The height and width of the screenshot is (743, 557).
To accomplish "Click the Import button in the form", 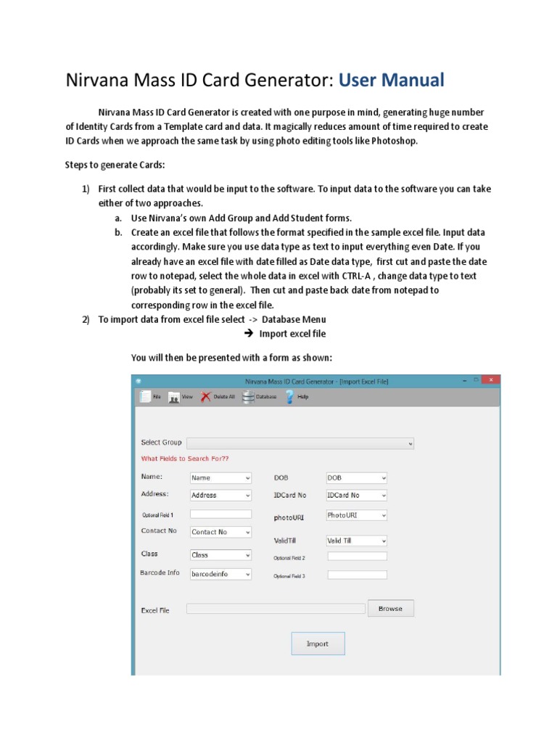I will click(318, 644).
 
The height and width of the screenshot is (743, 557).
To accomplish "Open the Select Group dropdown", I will click(300, 443).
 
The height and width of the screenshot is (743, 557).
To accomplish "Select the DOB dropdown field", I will click(357, 478).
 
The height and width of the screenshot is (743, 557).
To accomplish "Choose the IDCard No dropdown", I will click(357, 496).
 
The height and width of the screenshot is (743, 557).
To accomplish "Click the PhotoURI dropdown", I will click(357, 515).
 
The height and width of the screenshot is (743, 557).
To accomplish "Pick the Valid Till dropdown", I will click(357, 541).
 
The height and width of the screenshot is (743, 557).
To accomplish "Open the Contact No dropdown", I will click(220, 532).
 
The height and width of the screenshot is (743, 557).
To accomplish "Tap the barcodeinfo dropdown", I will click(220, 574).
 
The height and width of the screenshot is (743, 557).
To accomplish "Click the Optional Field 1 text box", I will click(220, 514).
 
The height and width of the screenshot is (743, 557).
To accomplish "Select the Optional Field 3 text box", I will click(357, 575).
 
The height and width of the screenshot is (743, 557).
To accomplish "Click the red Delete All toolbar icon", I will click(207, 397).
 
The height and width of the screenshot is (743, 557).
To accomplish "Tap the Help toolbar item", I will click(290, 397).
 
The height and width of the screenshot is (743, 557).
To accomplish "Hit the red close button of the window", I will click(491, 379).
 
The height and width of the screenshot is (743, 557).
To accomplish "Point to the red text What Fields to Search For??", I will click(185, 459).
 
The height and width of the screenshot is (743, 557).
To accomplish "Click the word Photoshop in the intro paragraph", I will click(394, 141).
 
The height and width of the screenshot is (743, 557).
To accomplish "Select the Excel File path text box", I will click(276, 609).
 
